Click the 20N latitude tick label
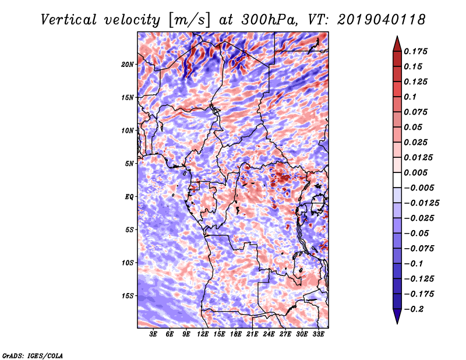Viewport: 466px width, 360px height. click(128, 64)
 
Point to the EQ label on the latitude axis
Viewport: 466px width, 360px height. click(129, 197)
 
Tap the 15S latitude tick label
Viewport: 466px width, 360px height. click(128, 296)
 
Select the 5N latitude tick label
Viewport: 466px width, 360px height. click(129, 164)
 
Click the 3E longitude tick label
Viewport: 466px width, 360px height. click(154, 334)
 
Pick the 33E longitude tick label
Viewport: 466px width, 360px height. click(318, 334)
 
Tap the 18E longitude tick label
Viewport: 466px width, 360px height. click(236, 334)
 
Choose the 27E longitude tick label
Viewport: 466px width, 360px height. click(285, 334)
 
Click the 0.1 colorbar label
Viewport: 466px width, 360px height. click(411, 97)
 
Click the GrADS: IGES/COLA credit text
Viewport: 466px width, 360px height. click(33, 355)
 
